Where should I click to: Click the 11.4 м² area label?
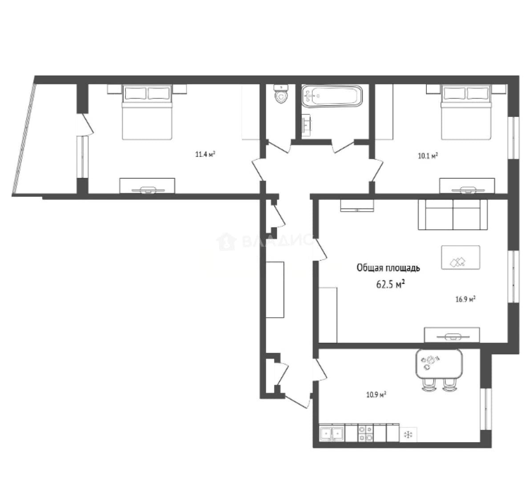point(205,155)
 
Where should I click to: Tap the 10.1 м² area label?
point(428,156)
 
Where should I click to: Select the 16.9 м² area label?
point(466,299)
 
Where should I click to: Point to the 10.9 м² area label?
point(376,395)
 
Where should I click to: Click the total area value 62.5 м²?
point(391,284)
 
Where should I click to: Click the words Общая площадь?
point(388,268)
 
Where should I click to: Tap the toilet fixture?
point(281,94)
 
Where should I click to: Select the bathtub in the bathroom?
point(332,96)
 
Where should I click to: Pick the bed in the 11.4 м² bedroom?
point(147,112)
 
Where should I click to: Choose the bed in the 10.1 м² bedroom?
point(466,112)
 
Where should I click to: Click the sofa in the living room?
point(453,215)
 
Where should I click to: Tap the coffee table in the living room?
point(461,257)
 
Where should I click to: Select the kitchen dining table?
point(439,364)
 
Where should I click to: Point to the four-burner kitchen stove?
point(366,433)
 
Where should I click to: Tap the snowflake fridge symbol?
point(409,434)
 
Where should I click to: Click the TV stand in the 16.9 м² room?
point(452,335)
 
